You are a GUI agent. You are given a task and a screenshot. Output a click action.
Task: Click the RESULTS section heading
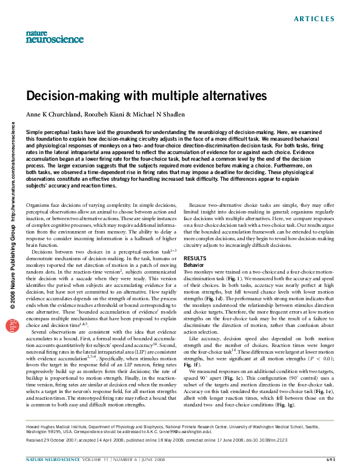click(x=194, y=258)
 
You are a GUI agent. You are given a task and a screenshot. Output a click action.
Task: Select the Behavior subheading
click(x=194, y=265)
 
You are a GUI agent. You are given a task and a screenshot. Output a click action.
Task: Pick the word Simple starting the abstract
click(x=36, y=132)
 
